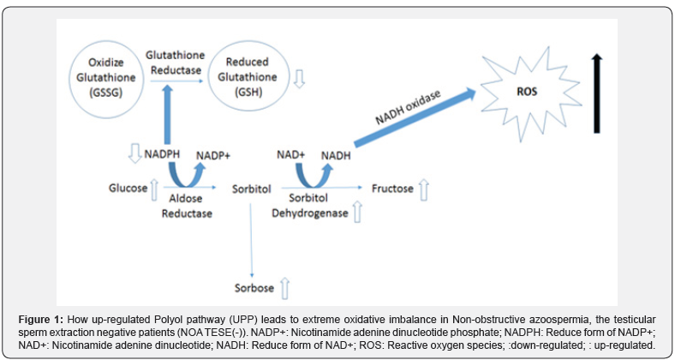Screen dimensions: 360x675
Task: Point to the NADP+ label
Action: point(215,155)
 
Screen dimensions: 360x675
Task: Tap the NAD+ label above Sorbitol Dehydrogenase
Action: point(291,155)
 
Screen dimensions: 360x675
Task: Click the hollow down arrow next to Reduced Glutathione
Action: point(298,81)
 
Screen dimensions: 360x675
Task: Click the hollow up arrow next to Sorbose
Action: point(285,285)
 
